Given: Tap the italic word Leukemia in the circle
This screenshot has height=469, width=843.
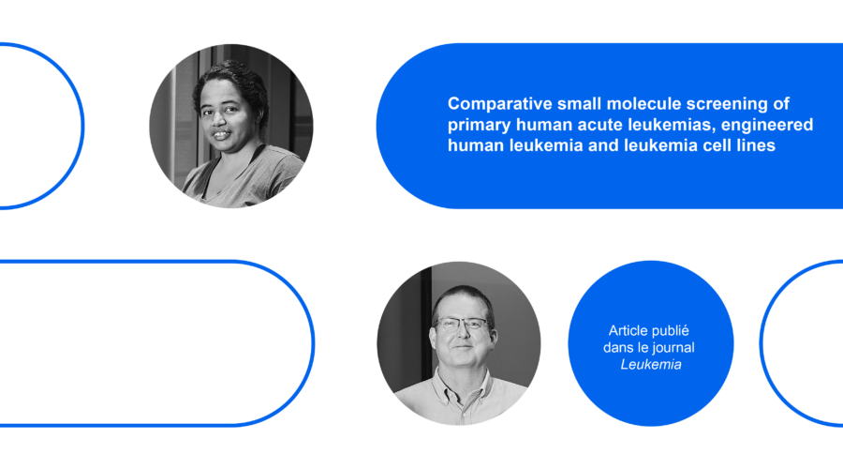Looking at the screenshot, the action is click(651, 365).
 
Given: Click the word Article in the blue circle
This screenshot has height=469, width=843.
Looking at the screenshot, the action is click(627, 330).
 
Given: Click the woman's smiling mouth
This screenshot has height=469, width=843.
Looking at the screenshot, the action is click(221, 135).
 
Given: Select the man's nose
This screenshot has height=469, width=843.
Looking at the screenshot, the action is click(462, 334).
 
